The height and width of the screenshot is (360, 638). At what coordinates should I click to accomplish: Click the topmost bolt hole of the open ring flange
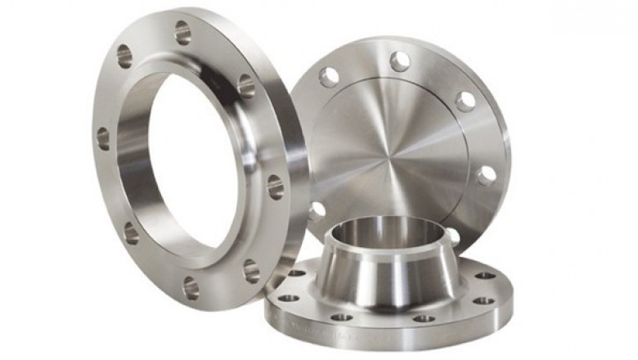click(x=182, y=33)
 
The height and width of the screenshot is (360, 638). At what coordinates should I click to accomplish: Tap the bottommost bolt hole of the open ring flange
click(x=190, y=286)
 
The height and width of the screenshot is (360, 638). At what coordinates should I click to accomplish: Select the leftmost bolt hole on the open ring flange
click(x=103, y=137)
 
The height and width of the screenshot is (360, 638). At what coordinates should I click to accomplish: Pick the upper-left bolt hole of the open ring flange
click(x=124, y=56)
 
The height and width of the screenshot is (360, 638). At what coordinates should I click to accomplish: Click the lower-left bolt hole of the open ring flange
click(x=131, y=232)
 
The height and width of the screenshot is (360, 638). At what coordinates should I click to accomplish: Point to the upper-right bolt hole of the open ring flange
click(x=245, y=85)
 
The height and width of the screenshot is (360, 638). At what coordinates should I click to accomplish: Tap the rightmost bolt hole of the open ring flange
click(x=275, y=186)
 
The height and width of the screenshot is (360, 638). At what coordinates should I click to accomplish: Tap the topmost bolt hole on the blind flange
click(x=399, y=60)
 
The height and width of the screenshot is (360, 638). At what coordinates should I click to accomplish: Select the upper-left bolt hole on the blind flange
click(x=329, y=78)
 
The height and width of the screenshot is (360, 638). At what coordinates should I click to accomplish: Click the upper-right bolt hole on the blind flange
click(x=465, y=101)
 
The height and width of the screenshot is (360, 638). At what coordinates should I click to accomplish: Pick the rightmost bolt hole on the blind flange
click(x=486, y=175)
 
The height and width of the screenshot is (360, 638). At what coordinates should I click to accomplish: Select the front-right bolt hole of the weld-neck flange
click(x=424, y=317)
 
